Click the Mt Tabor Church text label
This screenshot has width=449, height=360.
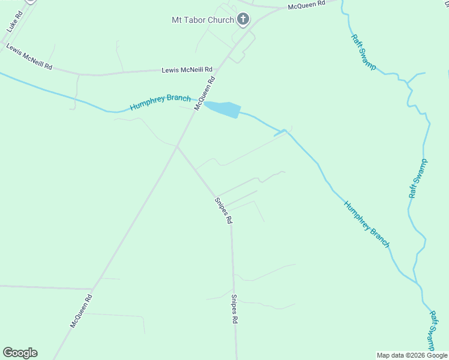pos(203,20)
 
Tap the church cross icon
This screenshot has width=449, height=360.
pos(243,20)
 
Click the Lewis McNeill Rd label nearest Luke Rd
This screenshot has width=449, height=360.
pos(29,56)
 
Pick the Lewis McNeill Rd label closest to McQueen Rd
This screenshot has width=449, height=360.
pos(187,70)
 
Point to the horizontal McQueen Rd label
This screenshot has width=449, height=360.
pos(306,5)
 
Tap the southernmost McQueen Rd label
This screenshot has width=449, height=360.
pos(81,310)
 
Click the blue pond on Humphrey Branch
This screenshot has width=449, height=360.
pos(223,109)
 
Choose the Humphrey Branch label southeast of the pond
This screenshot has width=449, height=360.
pos(367,224)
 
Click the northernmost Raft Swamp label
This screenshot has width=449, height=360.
pos(364,52)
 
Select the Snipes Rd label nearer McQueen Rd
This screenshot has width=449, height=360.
pos(223,210)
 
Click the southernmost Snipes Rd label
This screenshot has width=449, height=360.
pos(235,309)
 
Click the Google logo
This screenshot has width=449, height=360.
pos(20,353)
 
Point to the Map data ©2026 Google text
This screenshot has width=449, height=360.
pos(411,355)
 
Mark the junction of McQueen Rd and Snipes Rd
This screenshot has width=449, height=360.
pos(177,146)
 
